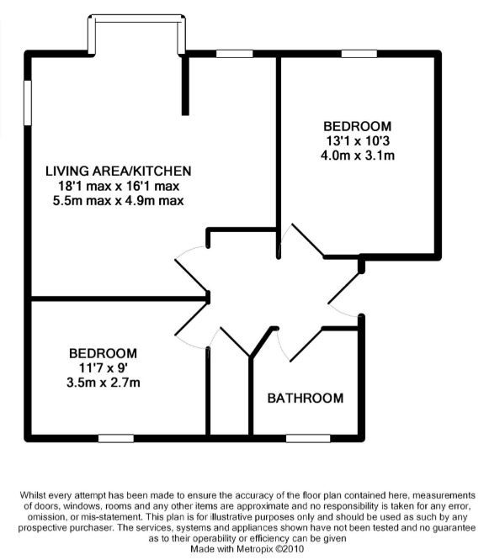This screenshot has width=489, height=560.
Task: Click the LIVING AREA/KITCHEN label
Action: coord(119,171)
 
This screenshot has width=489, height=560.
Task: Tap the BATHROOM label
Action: coord(306,399)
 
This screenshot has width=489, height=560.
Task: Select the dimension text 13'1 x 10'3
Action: coord(358,141)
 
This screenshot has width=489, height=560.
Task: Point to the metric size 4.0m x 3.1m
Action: coord(358,156)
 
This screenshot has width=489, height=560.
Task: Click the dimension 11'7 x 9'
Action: coord(103,367)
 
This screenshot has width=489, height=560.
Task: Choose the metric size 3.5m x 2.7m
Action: coord(103,383)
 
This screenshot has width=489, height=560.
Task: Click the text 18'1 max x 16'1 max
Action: coord(119,186)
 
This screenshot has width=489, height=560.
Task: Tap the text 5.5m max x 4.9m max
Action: coord(119,201)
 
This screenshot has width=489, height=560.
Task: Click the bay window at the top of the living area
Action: coord(136,18)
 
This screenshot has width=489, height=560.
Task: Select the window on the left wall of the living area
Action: coord(28,103)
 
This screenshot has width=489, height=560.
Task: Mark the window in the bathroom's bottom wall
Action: coord(308,438)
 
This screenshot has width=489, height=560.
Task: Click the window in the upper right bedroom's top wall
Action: coord(359,54)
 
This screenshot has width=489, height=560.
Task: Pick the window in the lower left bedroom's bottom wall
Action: coord(116,438)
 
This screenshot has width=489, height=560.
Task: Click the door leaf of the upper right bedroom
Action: coord(308,240)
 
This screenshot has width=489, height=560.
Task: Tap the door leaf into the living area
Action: coord(191,276)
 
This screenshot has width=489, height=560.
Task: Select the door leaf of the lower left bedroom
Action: coord(192,318)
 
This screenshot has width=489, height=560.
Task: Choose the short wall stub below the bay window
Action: coord(185,85)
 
